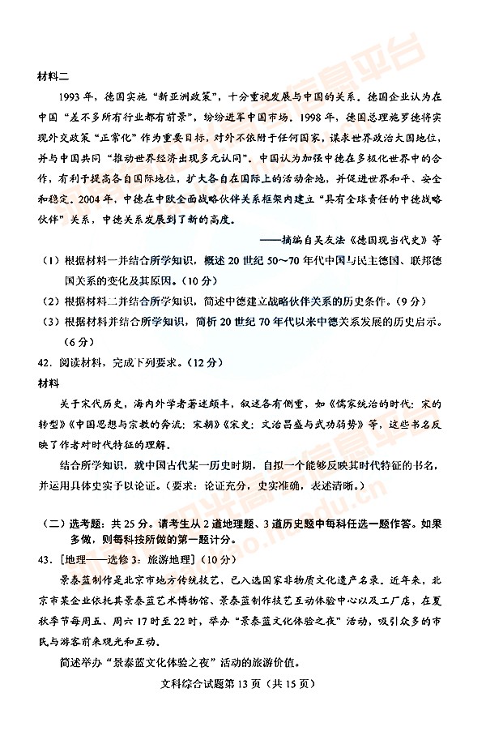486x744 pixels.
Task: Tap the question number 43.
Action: click(x=46, y=559)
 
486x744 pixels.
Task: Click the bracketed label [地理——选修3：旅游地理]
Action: click(x=125, y=559)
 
